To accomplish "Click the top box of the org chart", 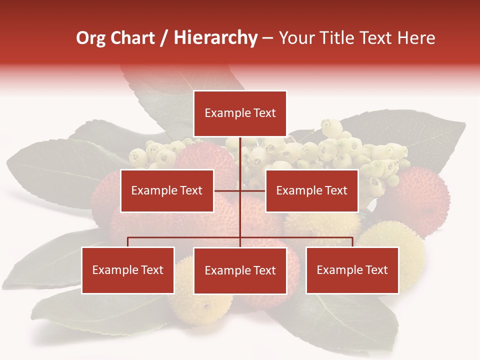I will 240,113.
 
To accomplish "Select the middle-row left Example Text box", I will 167,190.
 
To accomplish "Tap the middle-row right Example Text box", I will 311,190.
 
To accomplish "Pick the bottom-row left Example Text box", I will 128,270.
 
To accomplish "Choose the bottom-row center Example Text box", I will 240,270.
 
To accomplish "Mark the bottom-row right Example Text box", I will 352,270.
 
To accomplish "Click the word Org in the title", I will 90,38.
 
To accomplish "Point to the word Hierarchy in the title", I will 215,38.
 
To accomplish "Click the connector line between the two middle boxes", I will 240,190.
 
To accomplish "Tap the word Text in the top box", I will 264,113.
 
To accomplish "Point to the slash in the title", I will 163,38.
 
